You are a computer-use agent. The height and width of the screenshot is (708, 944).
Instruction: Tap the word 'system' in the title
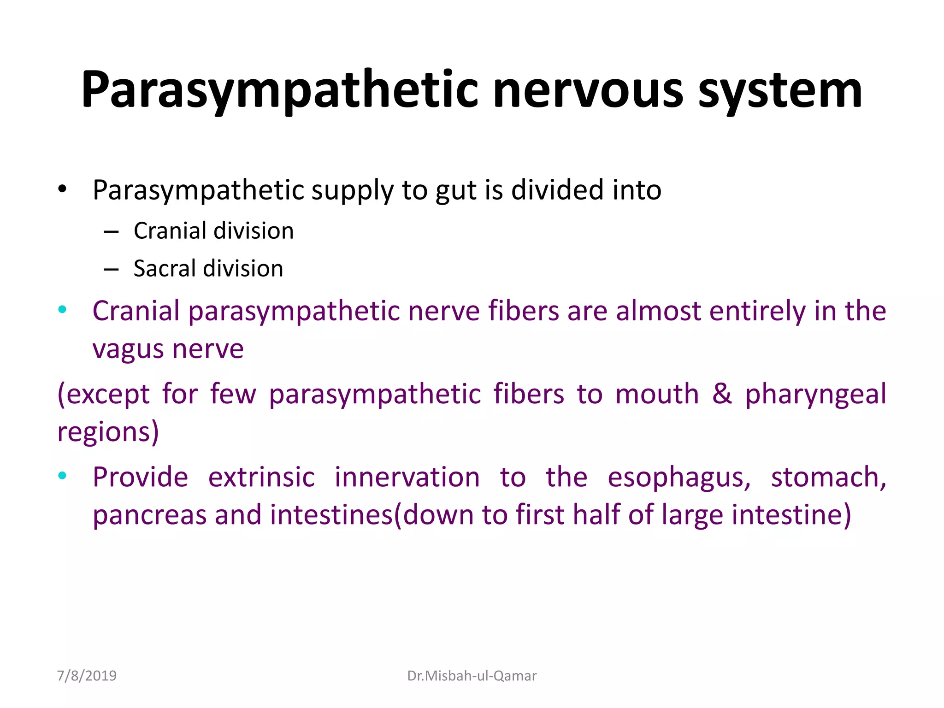(780, 91)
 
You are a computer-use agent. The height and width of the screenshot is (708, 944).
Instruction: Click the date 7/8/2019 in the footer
(87, 676)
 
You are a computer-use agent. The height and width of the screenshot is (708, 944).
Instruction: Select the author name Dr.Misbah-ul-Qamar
(472, 676)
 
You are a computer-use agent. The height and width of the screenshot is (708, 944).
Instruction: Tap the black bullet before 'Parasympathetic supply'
(63, 189)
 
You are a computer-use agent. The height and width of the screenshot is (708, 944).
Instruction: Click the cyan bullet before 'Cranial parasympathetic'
(63, 309)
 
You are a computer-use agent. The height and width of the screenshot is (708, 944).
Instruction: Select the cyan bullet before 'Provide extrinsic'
(63, 476)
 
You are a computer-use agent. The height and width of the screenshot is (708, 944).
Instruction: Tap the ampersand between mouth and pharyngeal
(722, 394)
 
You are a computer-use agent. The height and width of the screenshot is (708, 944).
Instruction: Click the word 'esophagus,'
(678, 478)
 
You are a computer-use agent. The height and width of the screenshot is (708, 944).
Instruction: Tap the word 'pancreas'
(149, 515)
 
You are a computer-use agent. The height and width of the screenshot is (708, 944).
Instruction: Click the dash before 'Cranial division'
(111, 231)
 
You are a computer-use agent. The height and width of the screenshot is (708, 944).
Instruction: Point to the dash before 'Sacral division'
(111, 269)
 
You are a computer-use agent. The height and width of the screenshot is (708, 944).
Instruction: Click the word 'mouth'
(657, 395)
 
